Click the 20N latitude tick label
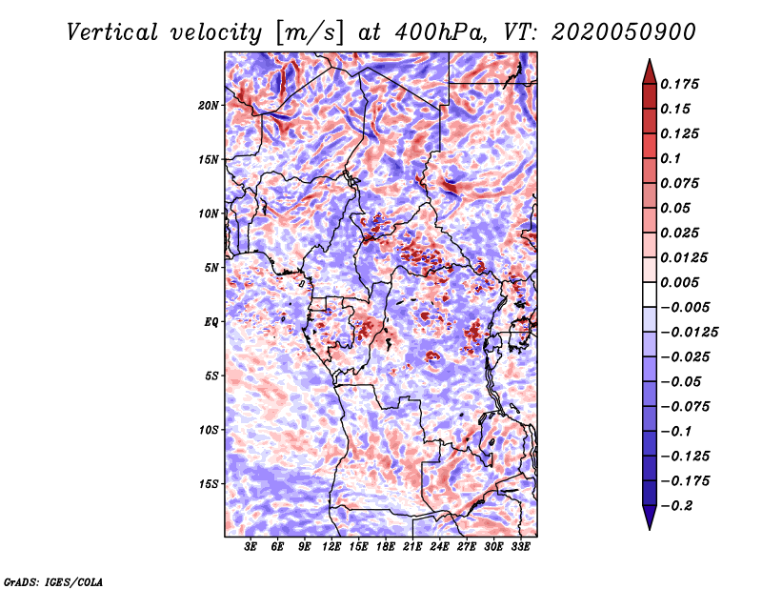(209, 106)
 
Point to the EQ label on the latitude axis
(211, 322)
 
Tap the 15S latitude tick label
(209, 484)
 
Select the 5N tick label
(211, 268)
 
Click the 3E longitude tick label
(251, 547)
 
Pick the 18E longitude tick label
(386, 547)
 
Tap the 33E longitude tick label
(520, 547)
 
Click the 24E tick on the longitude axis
(439, 547)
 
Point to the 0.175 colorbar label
(679, 84)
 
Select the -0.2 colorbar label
(676, 506)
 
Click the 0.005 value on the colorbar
(679, 282)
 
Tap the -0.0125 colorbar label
(689, 333)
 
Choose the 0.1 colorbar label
(671, 158)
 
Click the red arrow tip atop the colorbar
(650, 60)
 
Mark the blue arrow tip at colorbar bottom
(650, 528)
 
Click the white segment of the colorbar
(650, 294)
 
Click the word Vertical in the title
(112, 32)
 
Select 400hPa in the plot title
(440, 32)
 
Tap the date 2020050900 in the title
(624, 32)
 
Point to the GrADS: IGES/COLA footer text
(53, 581)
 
